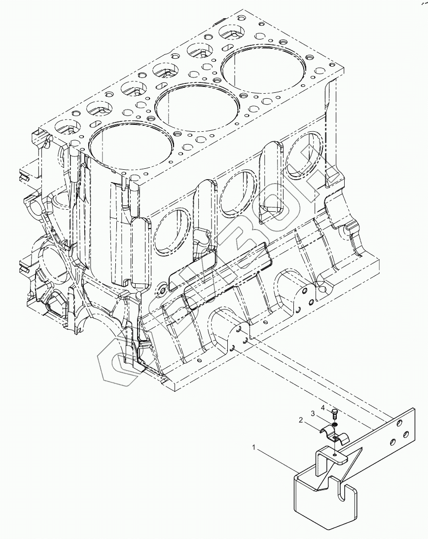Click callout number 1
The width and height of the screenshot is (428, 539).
coord(254,448)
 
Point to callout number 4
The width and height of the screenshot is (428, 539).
coord(323,408)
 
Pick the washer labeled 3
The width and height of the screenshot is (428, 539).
coord(335,423)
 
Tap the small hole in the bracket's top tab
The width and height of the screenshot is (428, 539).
coord(335,454)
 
